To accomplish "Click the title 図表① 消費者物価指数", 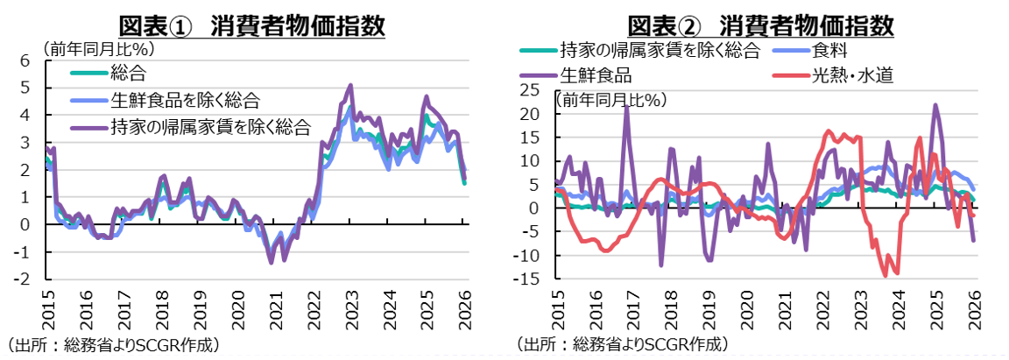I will click(251, 25).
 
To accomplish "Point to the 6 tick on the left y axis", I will click(25, 60).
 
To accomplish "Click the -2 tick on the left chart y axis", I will click(24, 279).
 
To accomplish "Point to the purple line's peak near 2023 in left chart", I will click(351, 86).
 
